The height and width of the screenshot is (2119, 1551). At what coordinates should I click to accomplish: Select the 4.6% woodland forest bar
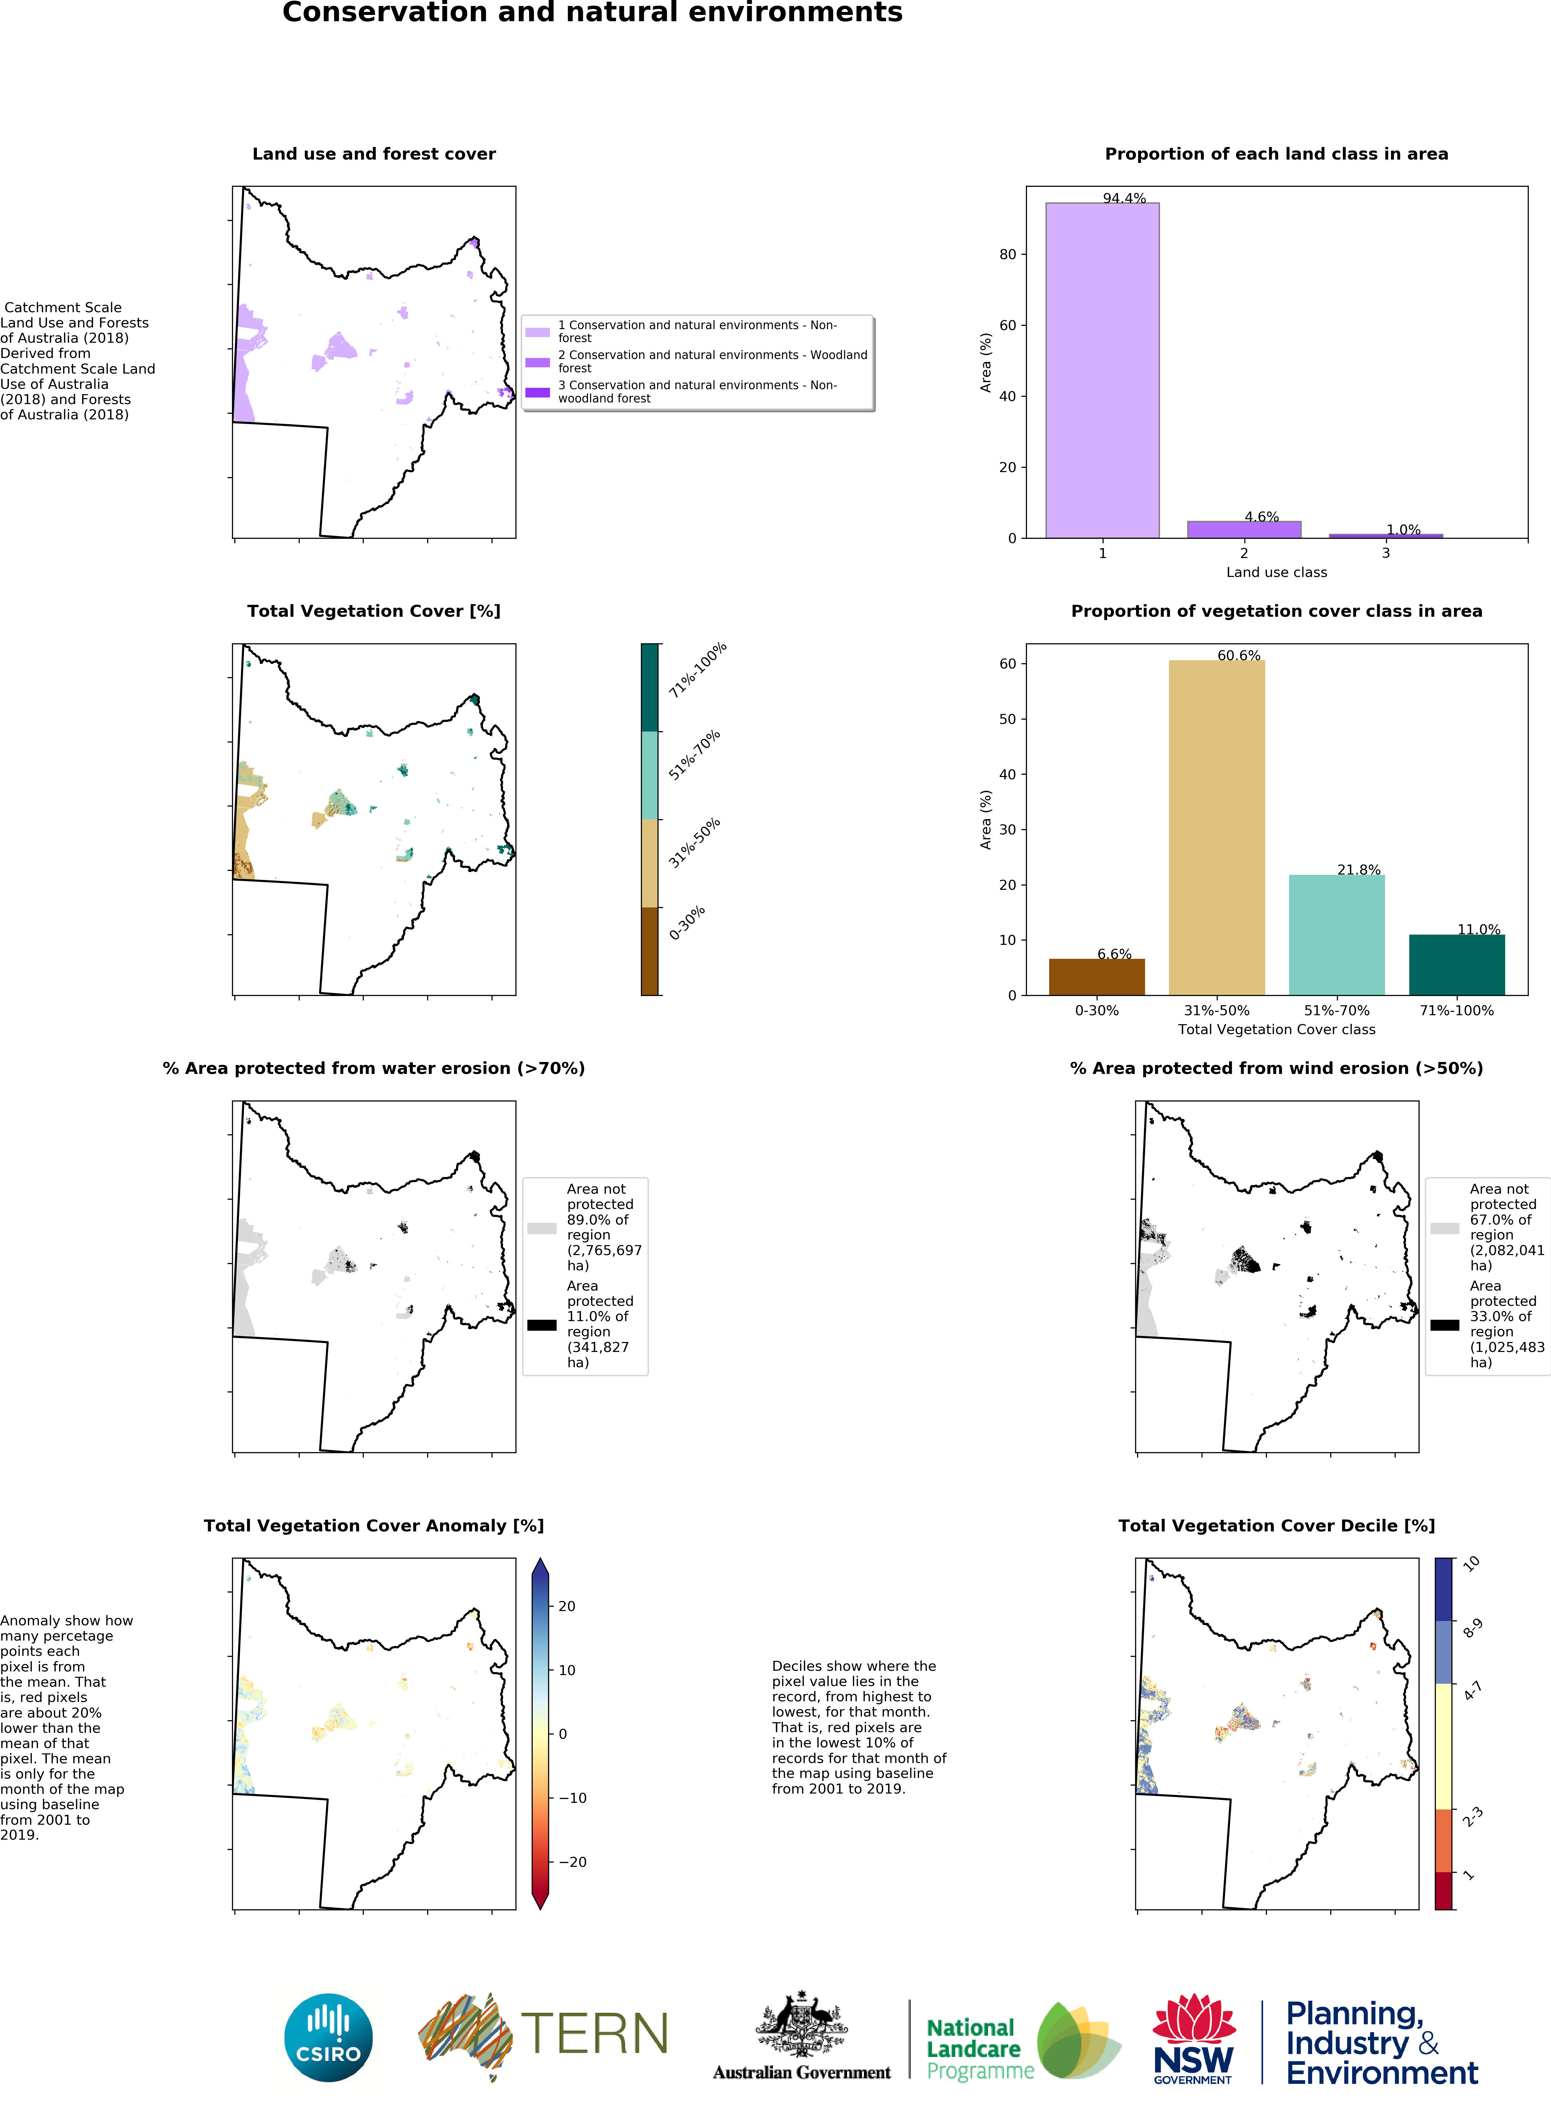[x=1244, y=529]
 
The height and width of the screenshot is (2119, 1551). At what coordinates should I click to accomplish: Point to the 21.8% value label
[x=1358, y=870]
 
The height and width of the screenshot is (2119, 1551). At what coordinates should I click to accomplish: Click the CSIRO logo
[x=329, y=2038]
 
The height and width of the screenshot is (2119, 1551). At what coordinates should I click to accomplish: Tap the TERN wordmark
[x=593, y=2034]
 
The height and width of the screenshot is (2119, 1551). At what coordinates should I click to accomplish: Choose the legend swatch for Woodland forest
[x=537, y=362]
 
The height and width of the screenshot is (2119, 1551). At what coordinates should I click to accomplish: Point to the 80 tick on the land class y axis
[x=1007, y=254]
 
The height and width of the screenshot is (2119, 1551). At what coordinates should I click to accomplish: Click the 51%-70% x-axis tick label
[x=1336, y=1011]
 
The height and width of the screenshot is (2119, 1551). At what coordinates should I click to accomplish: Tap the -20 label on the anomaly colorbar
[x=573, y=1862]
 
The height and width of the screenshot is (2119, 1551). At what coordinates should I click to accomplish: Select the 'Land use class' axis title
[x=1276, y=572]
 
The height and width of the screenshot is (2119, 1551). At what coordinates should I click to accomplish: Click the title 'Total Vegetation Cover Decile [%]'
[x=1276, y=1526]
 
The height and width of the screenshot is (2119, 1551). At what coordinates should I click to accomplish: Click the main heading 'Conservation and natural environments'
[x=592, y=13]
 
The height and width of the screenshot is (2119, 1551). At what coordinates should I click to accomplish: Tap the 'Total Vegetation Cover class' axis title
[x=1276, y=1029]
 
